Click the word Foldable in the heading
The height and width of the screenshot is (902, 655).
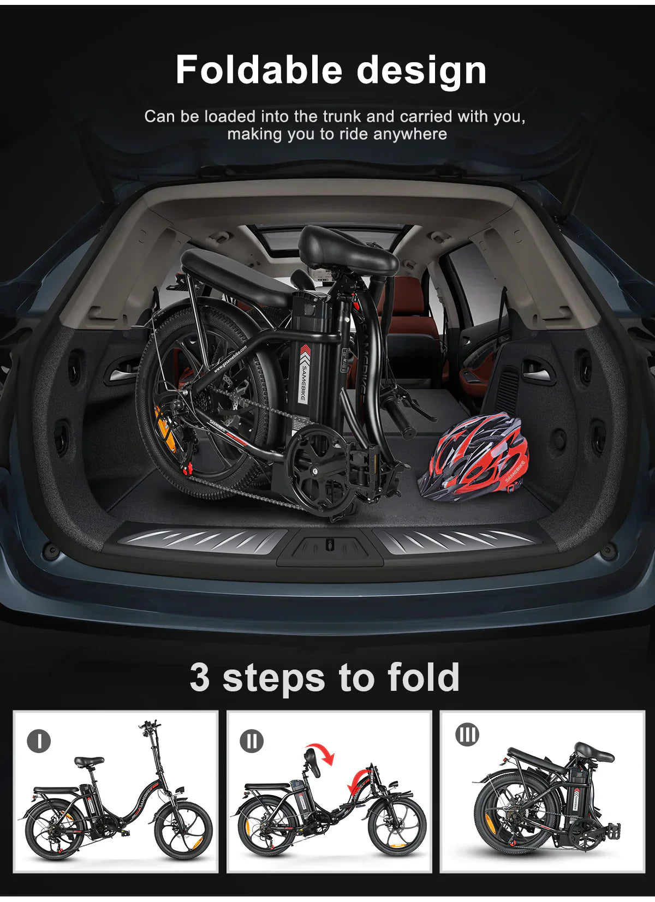click(x=258, y=70)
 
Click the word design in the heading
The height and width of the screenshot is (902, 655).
click(x=421, y=71)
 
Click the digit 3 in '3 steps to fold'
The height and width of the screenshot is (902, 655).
click(x=200, y=678)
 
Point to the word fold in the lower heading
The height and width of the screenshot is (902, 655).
click(x=424, y=678)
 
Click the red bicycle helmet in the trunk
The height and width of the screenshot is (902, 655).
click(x=474, y=456)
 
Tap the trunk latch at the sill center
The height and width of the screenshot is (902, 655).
click(x=328, y=544)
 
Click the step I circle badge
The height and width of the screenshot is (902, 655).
click(x=38, y=741)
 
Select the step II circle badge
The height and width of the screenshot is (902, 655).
click(x=251, y=741)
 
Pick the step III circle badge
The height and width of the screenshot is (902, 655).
click(x=467, y=735)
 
